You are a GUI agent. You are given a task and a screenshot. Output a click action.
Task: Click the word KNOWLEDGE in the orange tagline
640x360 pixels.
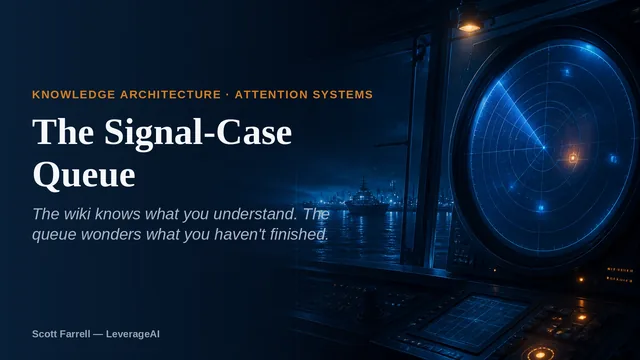coord(73,95)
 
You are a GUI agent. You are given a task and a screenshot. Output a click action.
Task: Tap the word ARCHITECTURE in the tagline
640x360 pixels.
coord(171,95)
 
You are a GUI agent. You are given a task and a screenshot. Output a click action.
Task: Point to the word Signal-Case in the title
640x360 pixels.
coord(198,133)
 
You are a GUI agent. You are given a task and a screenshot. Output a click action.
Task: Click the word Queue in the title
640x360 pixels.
coord(84,175)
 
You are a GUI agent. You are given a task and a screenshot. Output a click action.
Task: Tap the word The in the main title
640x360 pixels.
coord(63,131)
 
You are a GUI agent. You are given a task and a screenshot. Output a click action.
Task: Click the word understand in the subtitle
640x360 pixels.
coord(256,214)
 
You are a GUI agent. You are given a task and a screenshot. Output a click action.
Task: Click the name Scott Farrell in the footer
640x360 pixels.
coord(61,334)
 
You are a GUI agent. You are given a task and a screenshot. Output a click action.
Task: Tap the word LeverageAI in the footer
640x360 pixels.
coord(133,334)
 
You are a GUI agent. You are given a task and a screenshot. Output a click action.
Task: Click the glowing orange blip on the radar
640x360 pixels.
coord(573,158)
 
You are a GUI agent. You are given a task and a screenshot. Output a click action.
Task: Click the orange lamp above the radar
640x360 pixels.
coord(469,26)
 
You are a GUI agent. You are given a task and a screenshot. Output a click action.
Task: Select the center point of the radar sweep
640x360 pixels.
coord(544,148)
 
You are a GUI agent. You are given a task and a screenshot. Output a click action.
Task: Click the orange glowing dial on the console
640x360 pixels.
coord(540,353)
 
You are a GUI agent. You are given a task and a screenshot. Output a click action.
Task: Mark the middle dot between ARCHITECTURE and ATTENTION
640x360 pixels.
coord(228,95)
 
